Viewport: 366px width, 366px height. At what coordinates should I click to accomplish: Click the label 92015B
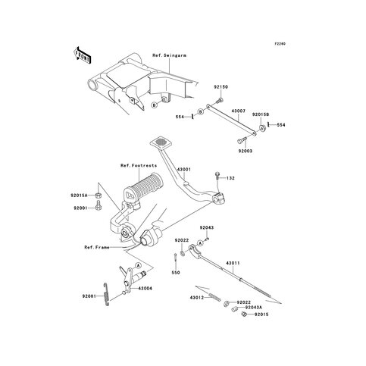[261, 114]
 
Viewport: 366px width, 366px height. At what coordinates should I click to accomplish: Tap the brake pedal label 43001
[184, 167]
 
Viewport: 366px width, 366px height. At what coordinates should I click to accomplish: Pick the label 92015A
[81, 194]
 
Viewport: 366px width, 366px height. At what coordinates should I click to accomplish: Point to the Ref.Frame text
[98, 246]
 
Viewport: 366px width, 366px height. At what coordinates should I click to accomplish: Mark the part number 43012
[199, 297]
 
